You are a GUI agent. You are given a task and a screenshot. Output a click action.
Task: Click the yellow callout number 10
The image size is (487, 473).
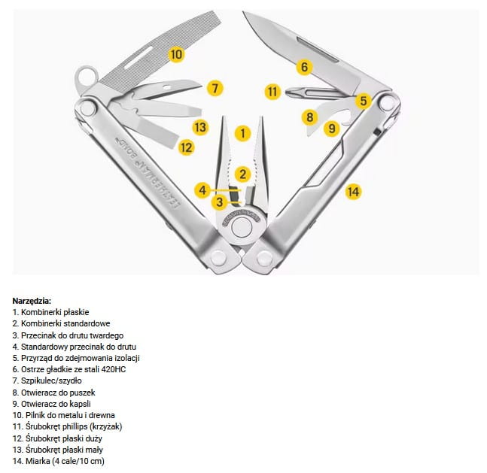[176, 54]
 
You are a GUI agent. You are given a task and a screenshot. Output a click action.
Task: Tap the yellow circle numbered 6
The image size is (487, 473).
[304, 67]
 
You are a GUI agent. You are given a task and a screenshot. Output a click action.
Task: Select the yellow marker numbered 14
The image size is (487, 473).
[354, 192]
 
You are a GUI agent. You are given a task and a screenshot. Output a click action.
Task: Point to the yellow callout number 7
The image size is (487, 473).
[215, 88]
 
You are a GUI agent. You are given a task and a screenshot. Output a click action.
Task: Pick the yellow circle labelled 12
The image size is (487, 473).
[187, 147]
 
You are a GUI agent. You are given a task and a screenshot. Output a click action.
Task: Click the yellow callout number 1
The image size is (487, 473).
[242, 133]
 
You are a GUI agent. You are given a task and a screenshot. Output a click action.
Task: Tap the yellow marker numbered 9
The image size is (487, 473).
[332, 128]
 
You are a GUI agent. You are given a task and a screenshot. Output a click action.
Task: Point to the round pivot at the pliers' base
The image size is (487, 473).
[242, 227]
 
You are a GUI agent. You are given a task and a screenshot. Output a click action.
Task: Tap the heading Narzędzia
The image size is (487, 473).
[32, 301]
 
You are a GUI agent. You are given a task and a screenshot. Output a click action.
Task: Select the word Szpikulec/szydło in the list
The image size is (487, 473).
[51, 381]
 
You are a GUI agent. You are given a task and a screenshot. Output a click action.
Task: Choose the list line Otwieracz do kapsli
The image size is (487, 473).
[51, 404]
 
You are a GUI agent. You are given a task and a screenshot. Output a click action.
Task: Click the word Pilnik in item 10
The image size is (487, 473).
[35, 415]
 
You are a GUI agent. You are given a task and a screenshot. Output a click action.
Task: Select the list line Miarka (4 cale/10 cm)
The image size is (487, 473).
[59, 461]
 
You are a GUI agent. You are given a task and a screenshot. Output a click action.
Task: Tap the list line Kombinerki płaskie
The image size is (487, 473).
[50, 312]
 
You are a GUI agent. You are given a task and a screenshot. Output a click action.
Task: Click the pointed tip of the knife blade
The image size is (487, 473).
[244, 13]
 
